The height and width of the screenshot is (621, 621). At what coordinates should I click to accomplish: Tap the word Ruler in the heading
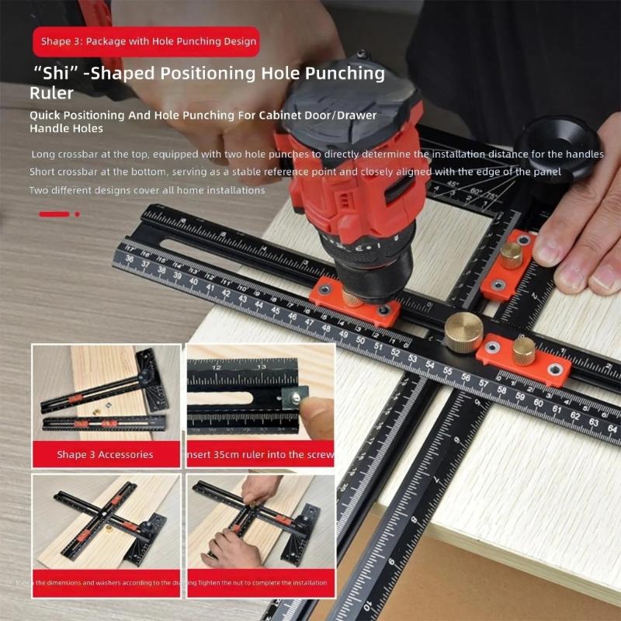(x=53, y=94)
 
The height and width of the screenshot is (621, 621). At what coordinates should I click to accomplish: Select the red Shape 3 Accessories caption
(x=105, y=454)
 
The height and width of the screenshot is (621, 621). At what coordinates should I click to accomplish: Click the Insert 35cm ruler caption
(x=261, y=454)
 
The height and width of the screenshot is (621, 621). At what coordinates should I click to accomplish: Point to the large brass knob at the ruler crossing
(x=463, y=332)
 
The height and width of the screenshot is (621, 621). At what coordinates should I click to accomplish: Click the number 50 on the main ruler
(x=360, y=339)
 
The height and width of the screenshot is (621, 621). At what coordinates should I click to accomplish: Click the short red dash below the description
(x=54, y=214)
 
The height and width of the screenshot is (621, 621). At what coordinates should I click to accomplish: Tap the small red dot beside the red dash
(x=77, y=214)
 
